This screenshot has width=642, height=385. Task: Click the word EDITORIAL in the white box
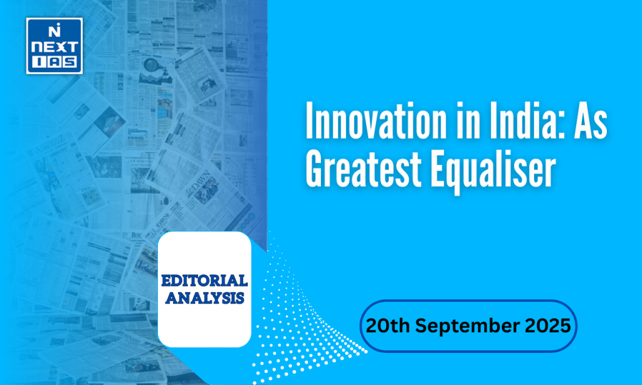click(x=204, y=280)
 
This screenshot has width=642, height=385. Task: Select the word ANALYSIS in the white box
click(x=204, y=297)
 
